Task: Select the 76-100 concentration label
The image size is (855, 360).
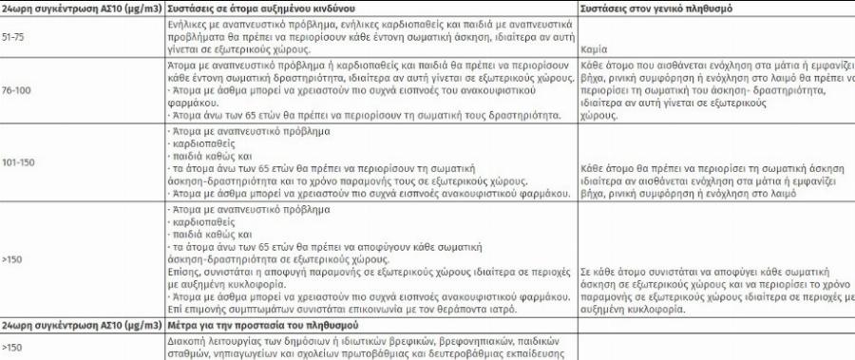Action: (x=17, y=91)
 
